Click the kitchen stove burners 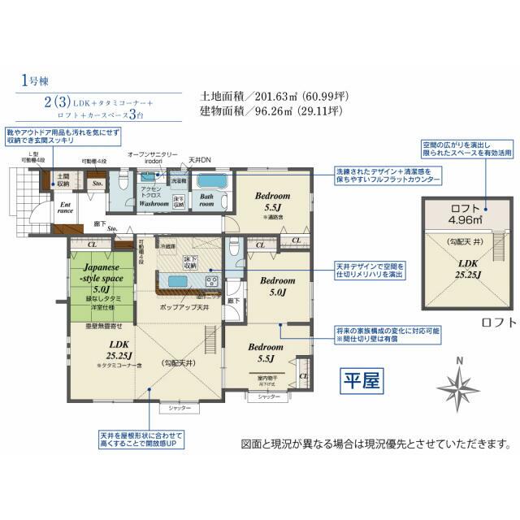point(212,280)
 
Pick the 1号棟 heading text point(35,81)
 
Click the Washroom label point(153,204)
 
